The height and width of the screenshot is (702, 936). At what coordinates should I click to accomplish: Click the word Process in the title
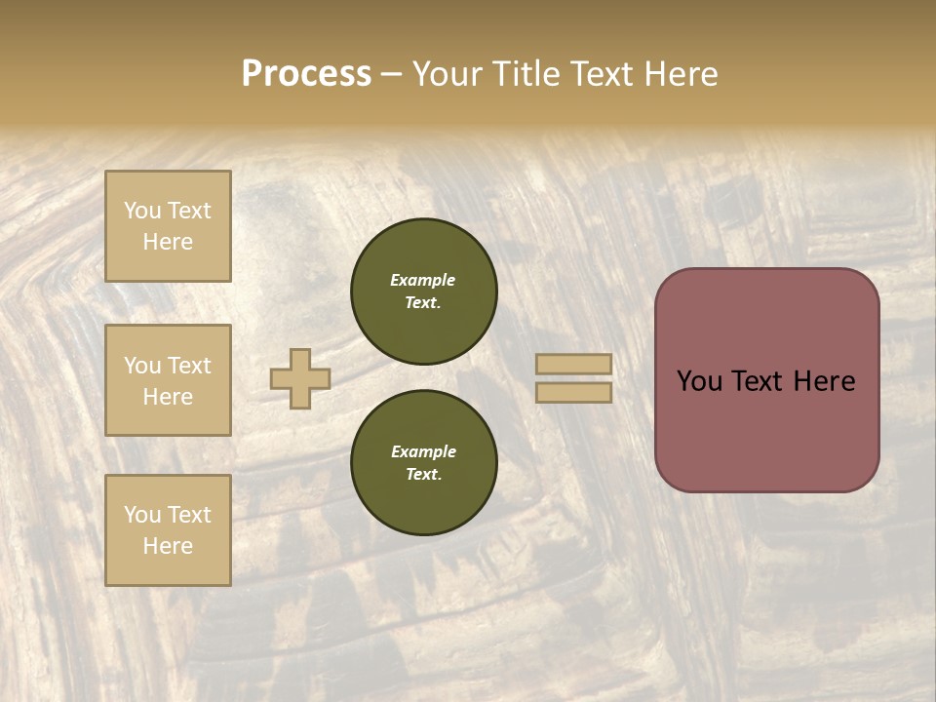[x=306, y=74]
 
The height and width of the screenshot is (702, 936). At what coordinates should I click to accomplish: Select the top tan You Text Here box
[x=168, y=226]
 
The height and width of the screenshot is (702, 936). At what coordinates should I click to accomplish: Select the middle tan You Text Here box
[x=168, y=380]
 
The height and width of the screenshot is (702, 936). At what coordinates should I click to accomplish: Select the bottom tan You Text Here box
[x=168, y=530]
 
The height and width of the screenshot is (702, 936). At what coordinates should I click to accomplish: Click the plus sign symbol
[x=299, y=379]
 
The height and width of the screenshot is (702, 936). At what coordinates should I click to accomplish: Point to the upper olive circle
[x=424, y=292]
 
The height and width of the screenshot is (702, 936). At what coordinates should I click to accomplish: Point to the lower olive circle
[x=424, y=463]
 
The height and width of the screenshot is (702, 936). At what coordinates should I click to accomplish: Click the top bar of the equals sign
[x=574, y=365]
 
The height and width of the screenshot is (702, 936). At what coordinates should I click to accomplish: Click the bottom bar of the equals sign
[x=574, y=393]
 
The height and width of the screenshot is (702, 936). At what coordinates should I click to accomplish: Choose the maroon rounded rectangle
[x=766, y=380]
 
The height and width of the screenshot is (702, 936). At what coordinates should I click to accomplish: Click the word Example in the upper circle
[x=423, y=280]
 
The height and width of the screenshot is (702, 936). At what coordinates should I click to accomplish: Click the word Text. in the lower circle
[x=423, y=475]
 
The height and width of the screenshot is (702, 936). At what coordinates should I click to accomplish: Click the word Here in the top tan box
[x=168, y=242]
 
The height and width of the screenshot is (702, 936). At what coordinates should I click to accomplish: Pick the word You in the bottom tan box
[x=142, y=515]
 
